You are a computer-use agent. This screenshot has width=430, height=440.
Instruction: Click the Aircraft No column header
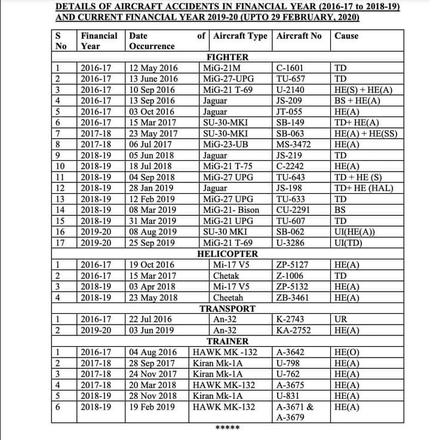[x=299, y=36]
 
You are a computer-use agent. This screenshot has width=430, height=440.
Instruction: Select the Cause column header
[x=346, y=36]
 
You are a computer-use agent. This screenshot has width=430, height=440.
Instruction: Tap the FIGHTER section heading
[x=227, y=57]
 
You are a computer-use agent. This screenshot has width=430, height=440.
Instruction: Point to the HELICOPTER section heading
[x=227, y=253]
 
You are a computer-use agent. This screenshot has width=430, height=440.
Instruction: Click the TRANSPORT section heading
[x=227, y=308]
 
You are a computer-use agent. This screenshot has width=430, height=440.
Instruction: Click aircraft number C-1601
[x=291, y=68]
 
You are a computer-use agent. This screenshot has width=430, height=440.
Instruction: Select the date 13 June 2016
[x=154, y=78]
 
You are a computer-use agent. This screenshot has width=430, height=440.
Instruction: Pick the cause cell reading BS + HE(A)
[x=357, y=100]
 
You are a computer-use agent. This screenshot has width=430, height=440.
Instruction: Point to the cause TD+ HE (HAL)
[x=364, y=188]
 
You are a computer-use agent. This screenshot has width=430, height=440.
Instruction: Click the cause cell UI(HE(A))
[x=355, y=231]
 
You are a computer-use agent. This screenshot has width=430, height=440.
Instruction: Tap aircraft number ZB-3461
[x=294, y=297]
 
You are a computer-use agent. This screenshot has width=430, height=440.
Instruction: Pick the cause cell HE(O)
[x=347, y=352]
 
